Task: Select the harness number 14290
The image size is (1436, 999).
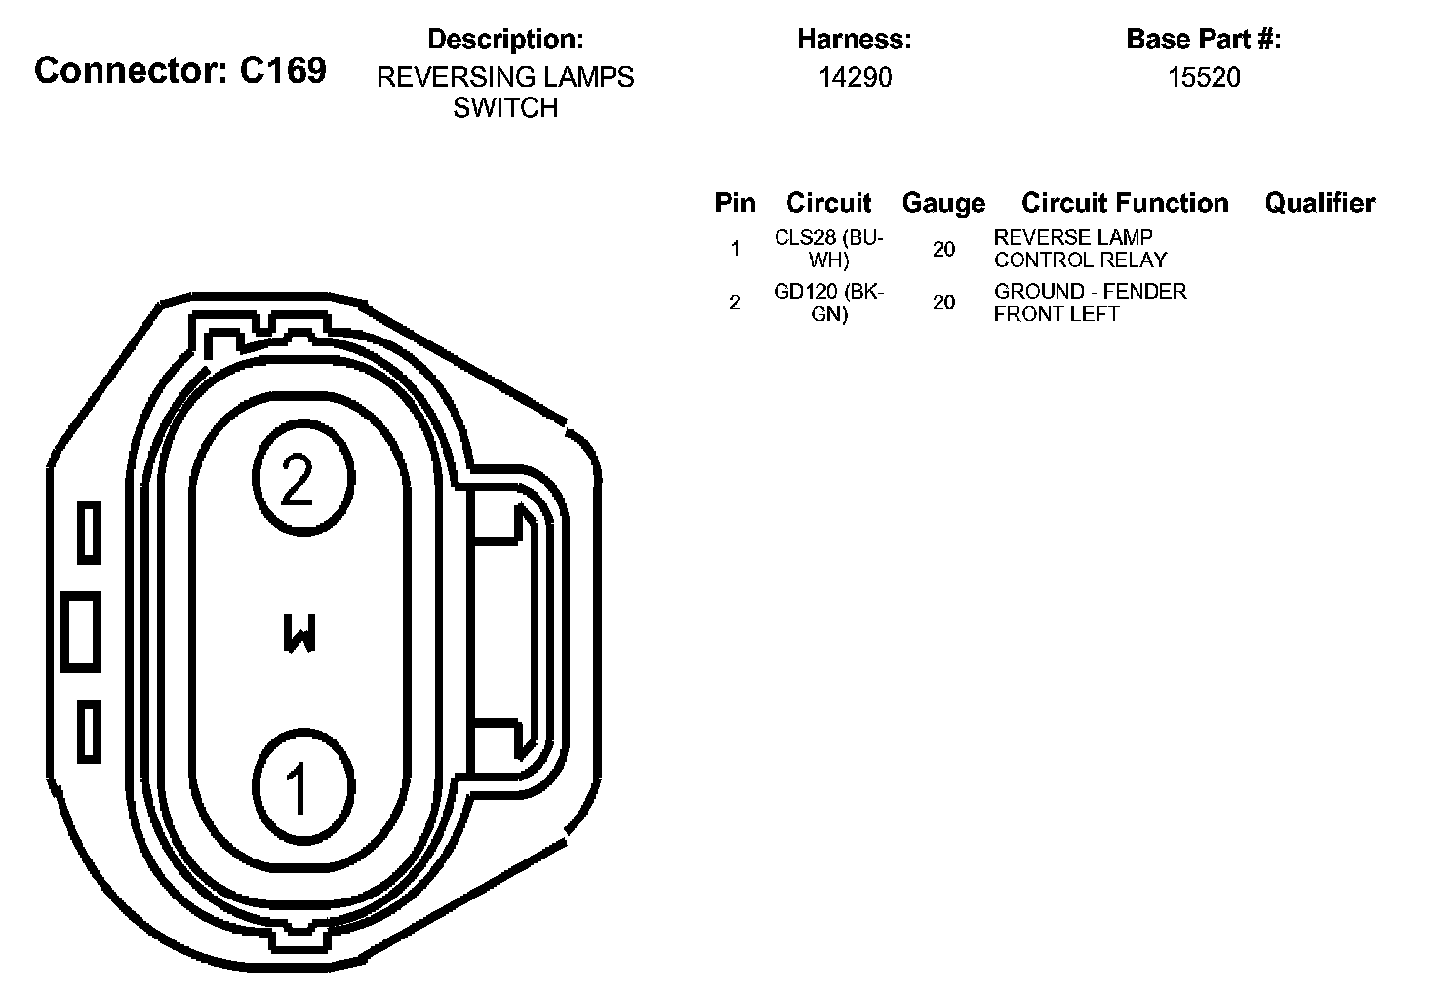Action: (856, 78)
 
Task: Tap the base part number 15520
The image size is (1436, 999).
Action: (1204, 78)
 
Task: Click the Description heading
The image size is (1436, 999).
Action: (505, 39)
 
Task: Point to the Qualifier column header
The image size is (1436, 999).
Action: (1320, 203)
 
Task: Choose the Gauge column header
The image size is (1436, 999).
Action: (943, 203)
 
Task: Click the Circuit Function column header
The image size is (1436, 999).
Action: (1125, 203)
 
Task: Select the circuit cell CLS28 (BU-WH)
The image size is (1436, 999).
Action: (829, 249)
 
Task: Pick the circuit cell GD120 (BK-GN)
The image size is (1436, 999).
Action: (829, 302)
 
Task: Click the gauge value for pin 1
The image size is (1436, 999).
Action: (943, 249)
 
